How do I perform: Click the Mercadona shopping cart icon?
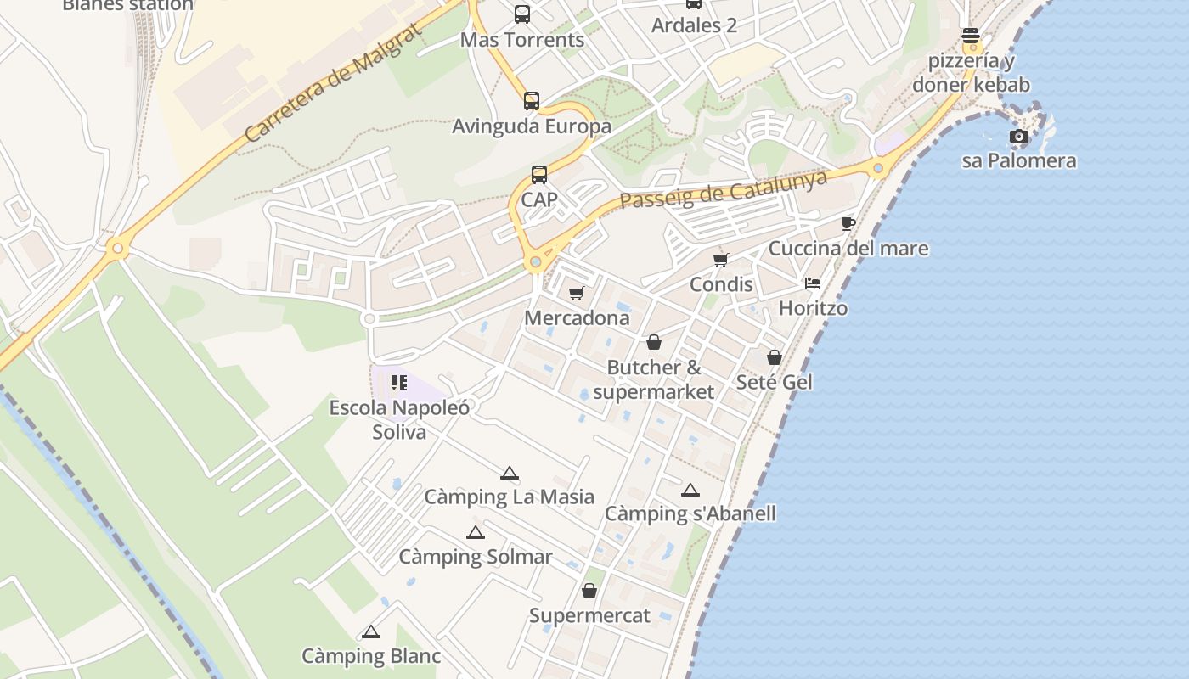tap(577, 294)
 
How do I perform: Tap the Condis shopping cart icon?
tap(721, 260)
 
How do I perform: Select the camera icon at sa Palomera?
tap(1019, 136)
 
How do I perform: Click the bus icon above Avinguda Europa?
tap(532, 101)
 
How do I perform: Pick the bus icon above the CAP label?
tap(539, 175)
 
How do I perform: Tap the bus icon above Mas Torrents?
tap(522, 14)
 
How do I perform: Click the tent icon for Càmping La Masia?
tap(509, 474)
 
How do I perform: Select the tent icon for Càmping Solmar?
tap(476, 533)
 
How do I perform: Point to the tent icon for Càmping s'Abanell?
tap(690, 490)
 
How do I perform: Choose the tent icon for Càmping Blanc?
tap(370, 632)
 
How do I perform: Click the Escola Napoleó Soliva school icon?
tap(399, 383)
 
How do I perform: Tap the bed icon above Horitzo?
tap(813, 283)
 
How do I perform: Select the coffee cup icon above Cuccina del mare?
tap(848, 223)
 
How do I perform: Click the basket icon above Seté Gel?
tap(774, 357)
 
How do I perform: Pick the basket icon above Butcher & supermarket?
tap(654, 342)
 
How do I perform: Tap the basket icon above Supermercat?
tap(589, 591)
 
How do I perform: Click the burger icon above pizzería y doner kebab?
tap(971, 36)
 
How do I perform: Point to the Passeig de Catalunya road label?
tap(724, 189)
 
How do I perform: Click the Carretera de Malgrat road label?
tap(333, 83)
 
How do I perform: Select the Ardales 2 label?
tap(694, 25)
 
